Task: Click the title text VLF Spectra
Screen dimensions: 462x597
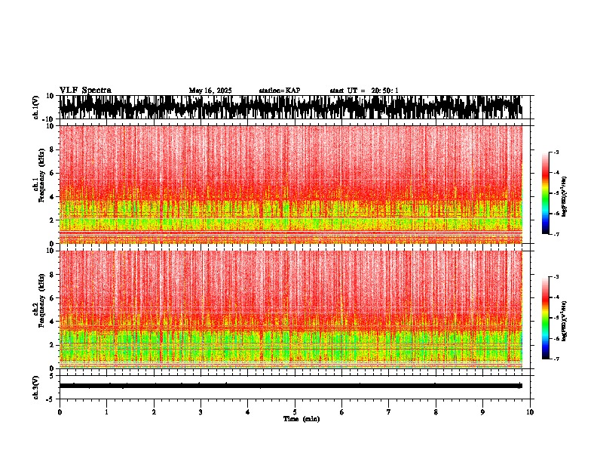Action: tap(85, 91)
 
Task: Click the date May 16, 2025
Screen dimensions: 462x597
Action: tap(210, 91)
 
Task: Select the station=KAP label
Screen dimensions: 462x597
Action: tap(279, 91)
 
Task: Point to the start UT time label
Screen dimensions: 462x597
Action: tap(364, 91)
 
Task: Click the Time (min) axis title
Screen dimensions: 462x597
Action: tap(301, 418)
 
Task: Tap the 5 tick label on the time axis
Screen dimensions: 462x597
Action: tap(295, 412)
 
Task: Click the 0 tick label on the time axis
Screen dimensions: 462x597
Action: tap(60, 412)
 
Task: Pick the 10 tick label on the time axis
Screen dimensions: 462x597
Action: tap(530, 412)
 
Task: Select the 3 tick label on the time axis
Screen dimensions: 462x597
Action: tap(201, 412)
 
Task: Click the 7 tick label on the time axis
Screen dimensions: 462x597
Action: tap(389, 412)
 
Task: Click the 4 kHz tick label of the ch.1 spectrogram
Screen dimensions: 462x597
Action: tap(52, 197)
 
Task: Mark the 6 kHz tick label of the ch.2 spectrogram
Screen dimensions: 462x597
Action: tap(52, 298)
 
